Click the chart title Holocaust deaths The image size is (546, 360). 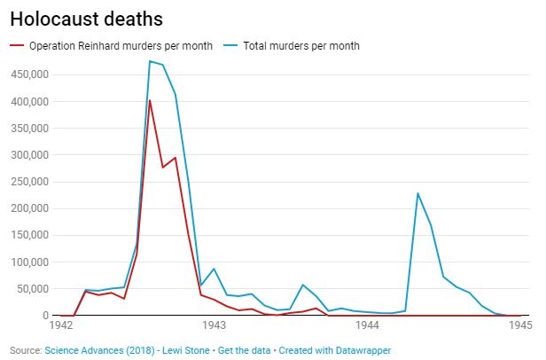click(86, 19)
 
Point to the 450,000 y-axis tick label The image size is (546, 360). click(29, 74)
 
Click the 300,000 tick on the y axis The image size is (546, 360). click(29, 155)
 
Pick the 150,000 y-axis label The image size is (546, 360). click(29, 235)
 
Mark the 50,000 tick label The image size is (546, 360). click(33, 289)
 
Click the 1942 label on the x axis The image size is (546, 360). click(61, 325)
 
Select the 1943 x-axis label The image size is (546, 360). click(214, 325)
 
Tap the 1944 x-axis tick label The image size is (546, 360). click(367, 325)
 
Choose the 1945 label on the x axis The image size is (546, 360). click(520, 325)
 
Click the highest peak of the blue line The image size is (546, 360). click(150, 61)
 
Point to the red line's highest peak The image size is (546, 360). click(150, 100)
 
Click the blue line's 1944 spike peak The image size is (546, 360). click(417, 193)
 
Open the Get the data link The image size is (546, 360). click(244, 350)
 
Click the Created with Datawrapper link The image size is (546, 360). click(335, 350)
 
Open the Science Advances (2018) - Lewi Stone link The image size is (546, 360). click(127, 350)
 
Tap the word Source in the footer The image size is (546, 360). click(25, 350)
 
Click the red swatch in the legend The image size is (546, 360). click(17, 45)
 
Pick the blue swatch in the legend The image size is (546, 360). click(230, 45)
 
